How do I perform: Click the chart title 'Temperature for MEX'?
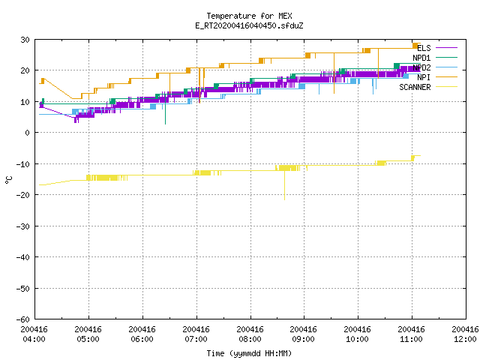point(249,16)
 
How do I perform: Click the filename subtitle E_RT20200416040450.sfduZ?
point(249,25)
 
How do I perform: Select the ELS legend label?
point(424,48)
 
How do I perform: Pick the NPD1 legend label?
point(421,58)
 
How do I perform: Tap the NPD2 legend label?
point(421,67)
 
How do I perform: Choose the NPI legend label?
point(424,77)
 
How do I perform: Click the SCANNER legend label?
point(415,87)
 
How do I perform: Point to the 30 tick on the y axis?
point(25,40)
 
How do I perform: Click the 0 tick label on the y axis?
point(28,133)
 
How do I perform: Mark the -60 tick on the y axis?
point(23,319)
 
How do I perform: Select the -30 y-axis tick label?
point(23,226)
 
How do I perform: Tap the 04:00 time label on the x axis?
point(34,339)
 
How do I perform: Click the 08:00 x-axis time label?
point(250,339)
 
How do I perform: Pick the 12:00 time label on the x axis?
point(465,339)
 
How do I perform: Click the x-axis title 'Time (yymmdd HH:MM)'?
point(249,353)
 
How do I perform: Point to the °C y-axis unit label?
point(8,180)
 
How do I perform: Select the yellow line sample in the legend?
point(446,87)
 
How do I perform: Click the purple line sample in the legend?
point(446,48)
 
